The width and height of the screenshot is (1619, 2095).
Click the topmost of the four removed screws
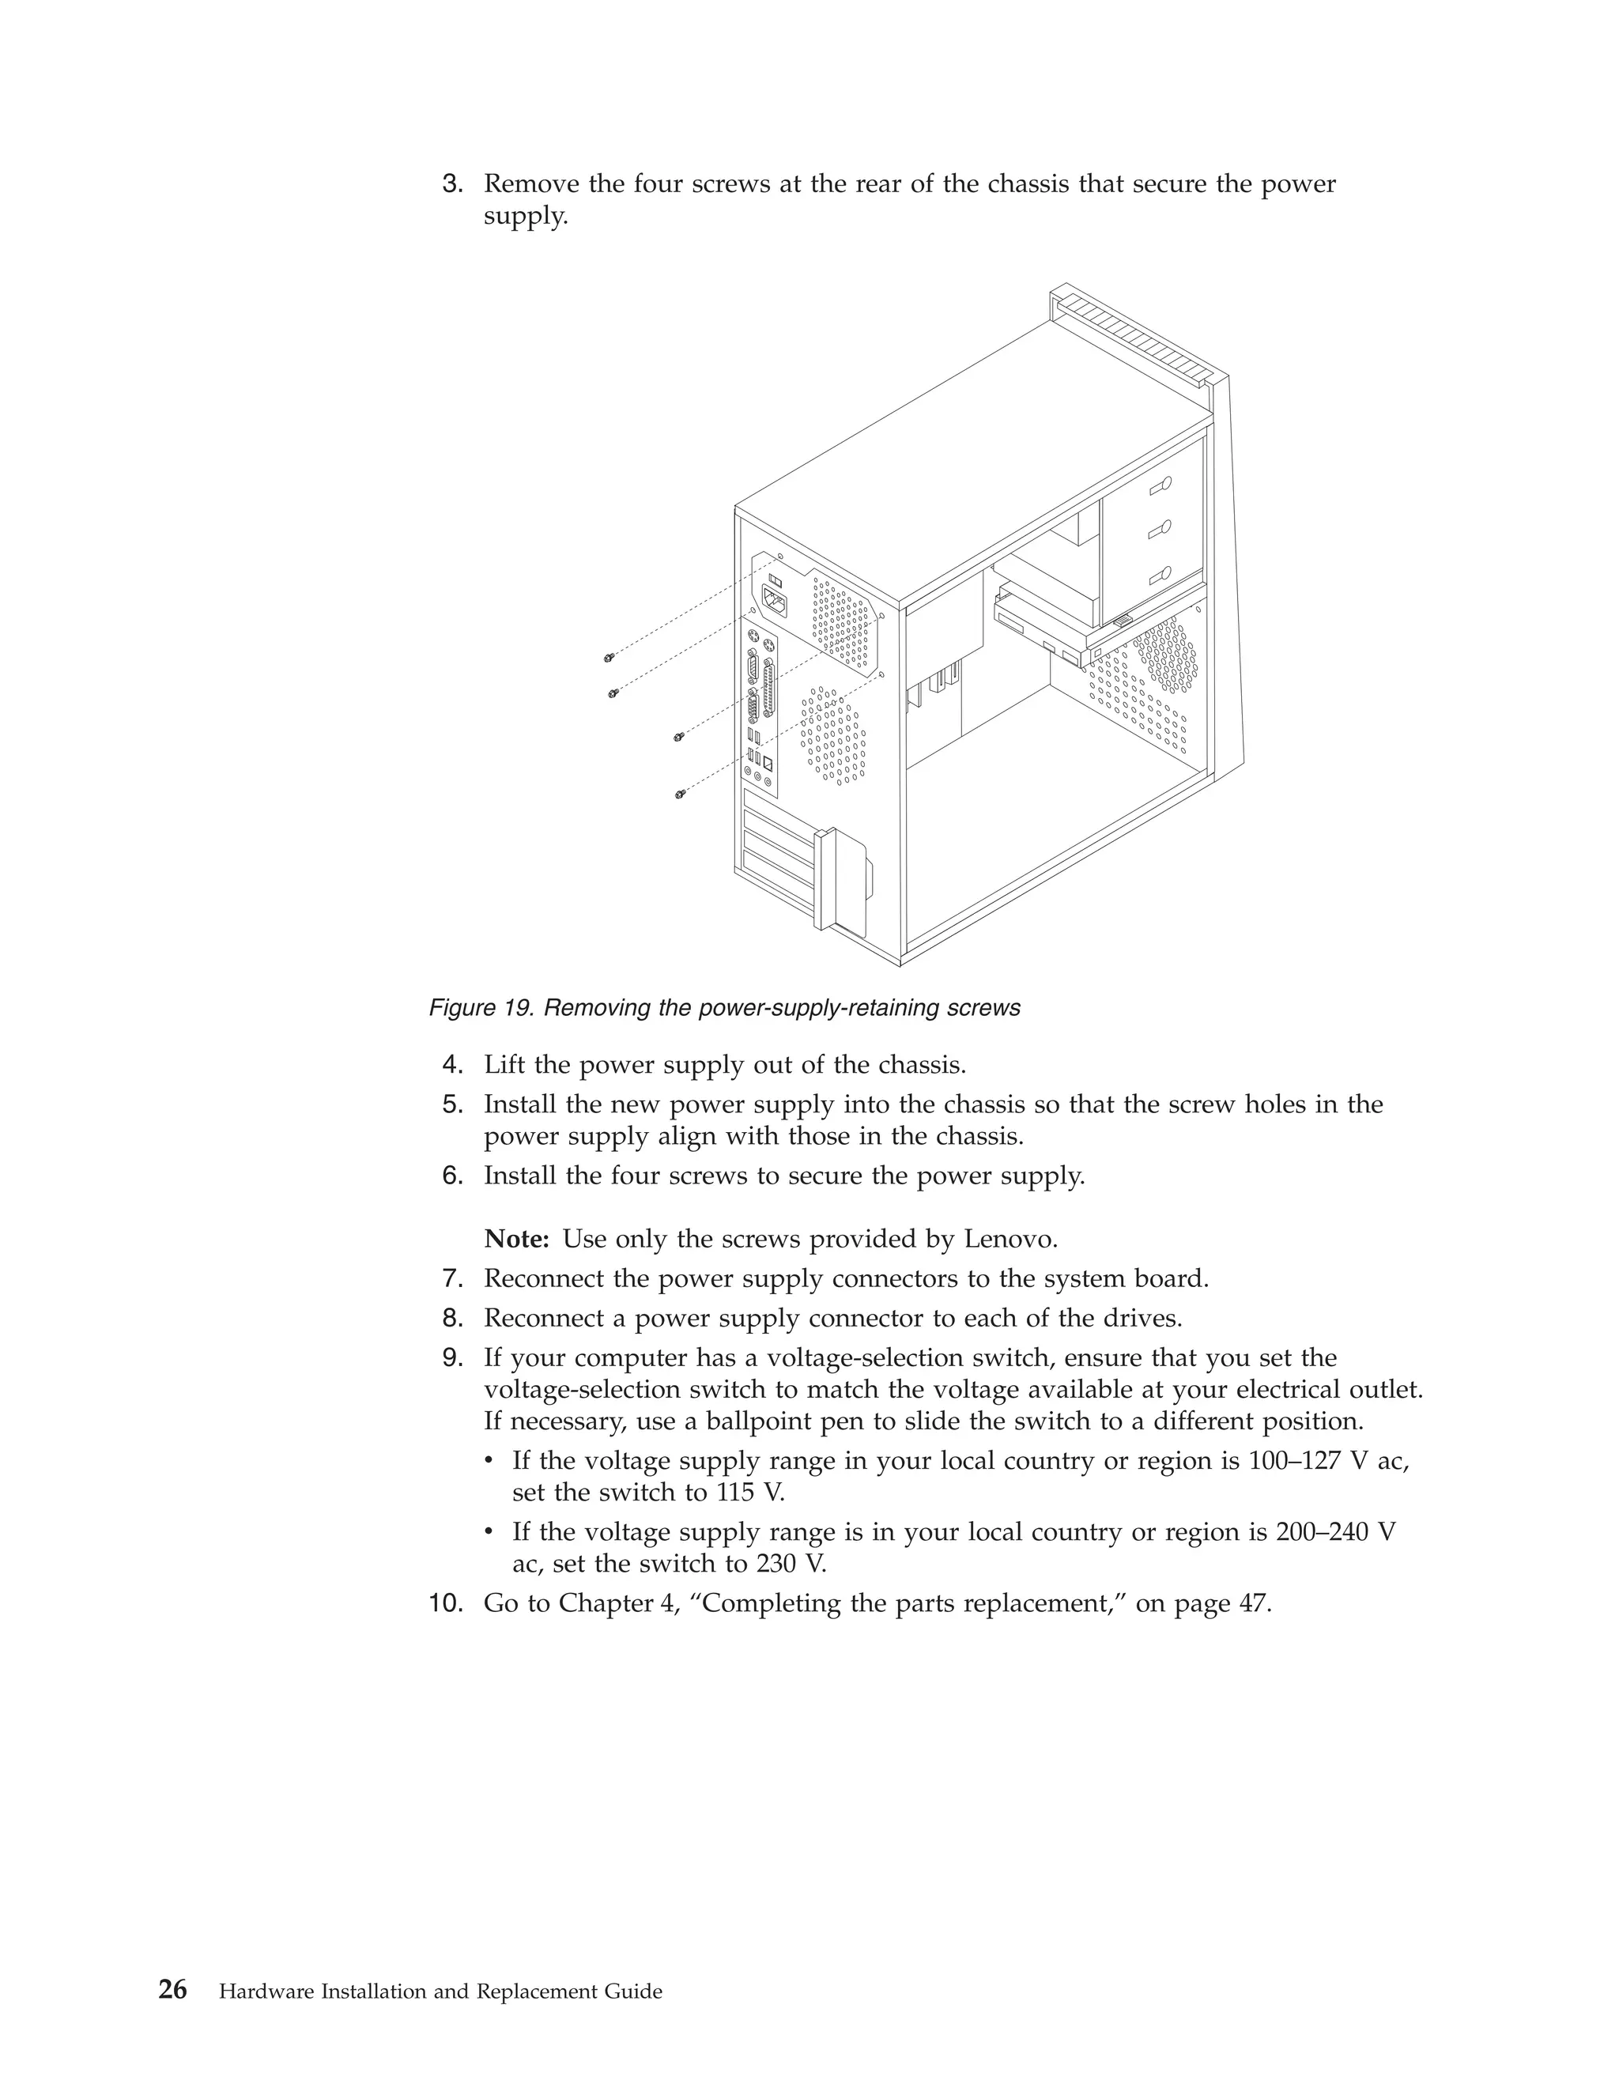pyautogui.click(x=609, y=657)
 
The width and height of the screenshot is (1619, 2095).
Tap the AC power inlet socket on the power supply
pyautogui.click(x=775, y=602)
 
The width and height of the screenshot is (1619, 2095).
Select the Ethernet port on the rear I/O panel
pyautogui.click(x=768, y=764)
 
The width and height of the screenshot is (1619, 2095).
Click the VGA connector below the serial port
pyautogui.click(x=754, y=711)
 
